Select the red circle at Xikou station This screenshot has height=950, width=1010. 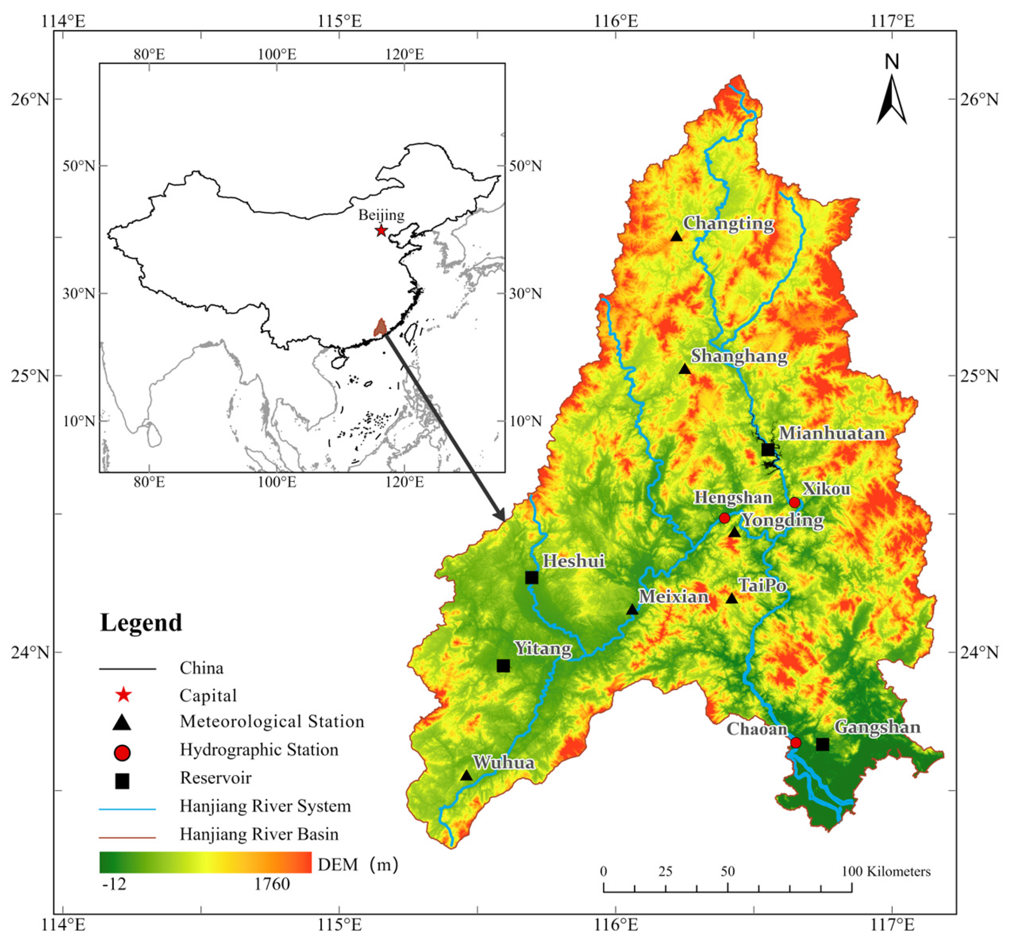click(794, 503)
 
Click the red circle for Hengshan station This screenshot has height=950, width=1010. click(724, 518)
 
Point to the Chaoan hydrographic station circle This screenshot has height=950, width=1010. click(796, 743)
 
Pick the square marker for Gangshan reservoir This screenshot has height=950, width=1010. click(823, 744)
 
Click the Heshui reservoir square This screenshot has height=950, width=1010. click(532, 577)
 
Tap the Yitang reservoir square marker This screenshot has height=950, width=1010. click(503, 666)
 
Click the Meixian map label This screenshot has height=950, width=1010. click(673, 596)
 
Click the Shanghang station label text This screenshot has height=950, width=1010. click(739, 356)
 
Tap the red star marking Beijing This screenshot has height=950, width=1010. click(381, 231)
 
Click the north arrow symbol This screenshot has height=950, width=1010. click(891, 99)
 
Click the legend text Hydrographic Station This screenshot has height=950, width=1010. click(259, 750)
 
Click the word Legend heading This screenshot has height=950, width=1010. click(141, 623)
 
